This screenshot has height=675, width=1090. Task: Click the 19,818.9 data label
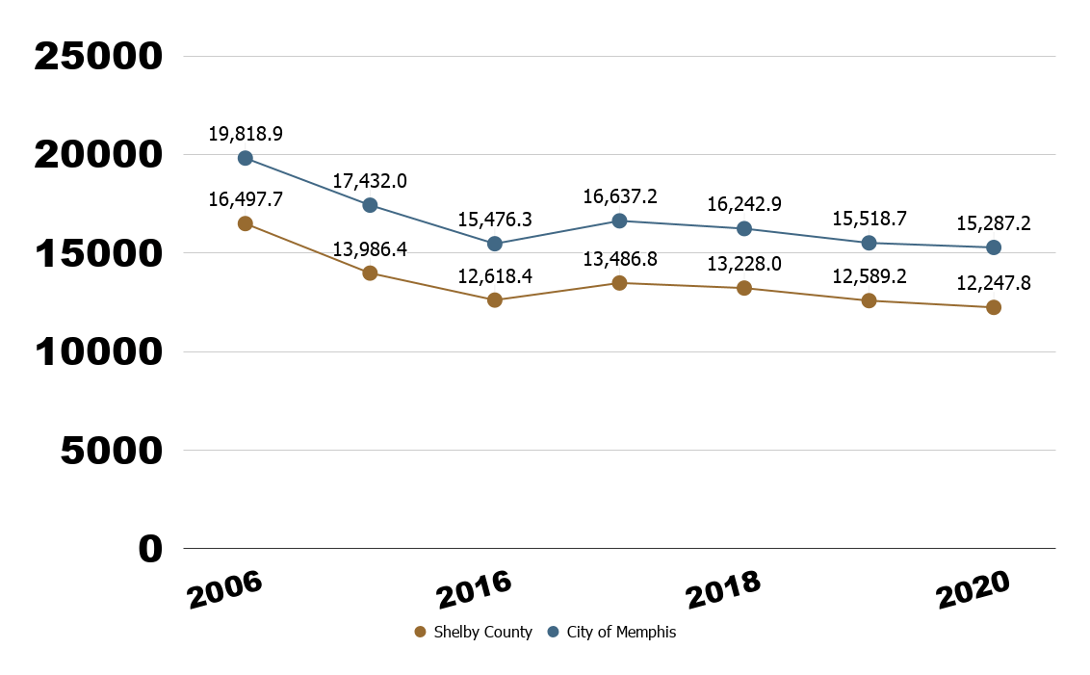246,133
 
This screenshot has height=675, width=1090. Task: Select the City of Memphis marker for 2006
246,158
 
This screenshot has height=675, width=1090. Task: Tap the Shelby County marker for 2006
246,223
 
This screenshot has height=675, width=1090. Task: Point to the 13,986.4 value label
370,249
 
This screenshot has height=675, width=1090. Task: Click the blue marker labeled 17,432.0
370,205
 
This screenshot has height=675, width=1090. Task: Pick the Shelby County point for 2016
495,300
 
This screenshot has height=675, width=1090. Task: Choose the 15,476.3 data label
495,220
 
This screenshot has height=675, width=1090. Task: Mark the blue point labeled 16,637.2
620,221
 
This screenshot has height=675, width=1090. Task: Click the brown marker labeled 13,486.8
620,283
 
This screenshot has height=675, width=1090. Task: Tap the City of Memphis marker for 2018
744,228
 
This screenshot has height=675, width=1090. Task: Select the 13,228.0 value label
744,264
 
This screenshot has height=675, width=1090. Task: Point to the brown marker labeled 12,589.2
869,300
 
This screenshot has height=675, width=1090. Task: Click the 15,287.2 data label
994,223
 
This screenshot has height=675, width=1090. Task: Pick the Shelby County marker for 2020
994,307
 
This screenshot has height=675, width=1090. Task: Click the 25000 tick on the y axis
98,56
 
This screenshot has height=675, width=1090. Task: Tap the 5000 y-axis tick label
112,451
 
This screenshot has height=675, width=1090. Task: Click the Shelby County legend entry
473,633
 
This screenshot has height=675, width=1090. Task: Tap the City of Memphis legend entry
611,633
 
